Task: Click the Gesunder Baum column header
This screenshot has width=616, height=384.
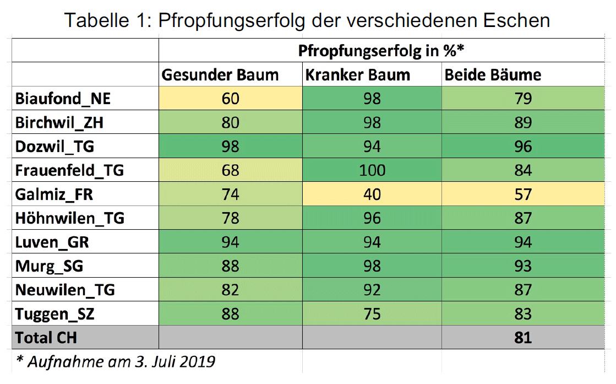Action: [x=220, y=75]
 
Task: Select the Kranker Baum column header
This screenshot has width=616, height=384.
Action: [x=358, y=75]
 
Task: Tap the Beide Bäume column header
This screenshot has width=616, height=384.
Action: [x=493, y=75]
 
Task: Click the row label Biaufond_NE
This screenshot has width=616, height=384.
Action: [x=63, y=99]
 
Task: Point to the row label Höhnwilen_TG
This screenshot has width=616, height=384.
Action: [x=70, y=219]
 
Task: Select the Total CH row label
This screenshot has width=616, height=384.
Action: [x=46, y=337]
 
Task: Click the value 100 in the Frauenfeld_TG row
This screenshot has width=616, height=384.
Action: [x=372, y=170]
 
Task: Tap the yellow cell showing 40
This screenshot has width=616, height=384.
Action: [x=372, y=194]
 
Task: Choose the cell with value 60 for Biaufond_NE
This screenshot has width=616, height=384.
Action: [x=230, y=99]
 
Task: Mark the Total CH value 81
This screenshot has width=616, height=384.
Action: [x=523, y=337]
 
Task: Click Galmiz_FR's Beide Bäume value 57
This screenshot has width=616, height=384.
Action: [x=523, y=194]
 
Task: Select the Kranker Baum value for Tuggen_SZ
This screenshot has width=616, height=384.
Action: [x=372, y=313]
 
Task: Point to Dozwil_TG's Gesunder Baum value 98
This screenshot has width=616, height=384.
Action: [x=230, y=147]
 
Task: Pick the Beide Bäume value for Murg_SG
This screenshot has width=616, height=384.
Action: [x=523, y=266]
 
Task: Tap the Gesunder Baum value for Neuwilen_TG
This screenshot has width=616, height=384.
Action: [x=230, y=290]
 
